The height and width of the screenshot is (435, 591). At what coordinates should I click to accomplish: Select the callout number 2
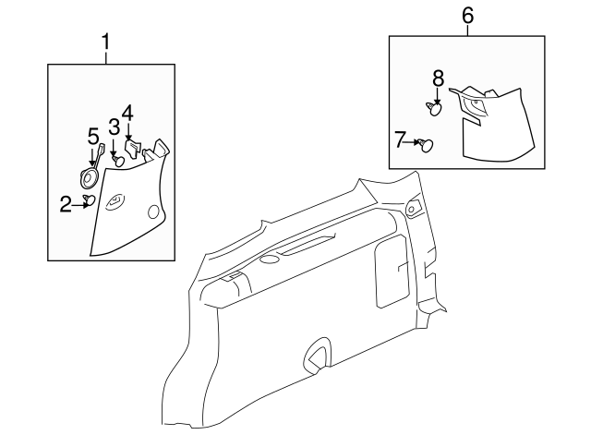click(x=66, y=205)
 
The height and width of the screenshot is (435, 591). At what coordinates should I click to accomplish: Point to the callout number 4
click(x=127, y=113)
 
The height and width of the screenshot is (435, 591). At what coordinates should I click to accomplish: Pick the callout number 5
click(x=93, y=136)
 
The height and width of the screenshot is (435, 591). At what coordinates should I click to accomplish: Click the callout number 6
click(x=467, y=16)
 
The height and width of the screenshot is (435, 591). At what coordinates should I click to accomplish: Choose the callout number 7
click(x=400, y=139)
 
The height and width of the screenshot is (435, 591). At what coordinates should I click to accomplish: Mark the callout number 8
click(x=439, y=79)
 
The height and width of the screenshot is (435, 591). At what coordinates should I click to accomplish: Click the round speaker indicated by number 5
click(x=89, y=178)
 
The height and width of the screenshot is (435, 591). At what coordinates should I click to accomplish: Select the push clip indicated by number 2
click(x=89, y=200)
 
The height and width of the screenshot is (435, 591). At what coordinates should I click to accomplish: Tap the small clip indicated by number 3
click(x=119, y=161)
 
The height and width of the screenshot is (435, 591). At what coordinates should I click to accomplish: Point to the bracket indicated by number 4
click(x=132, y=149)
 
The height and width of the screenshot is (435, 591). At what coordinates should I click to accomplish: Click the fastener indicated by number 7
click(x=427, y=145)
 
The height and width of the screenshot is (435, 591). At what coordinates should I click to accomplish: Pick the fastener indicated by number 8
click(x=434, y=109)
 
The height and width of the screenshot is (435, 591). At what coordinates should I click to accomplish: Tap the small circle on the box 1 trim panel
click(x=153, y=211)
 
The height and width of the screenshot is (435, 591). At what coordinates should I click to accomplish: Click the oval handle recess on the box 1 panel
click(x=115, y=201)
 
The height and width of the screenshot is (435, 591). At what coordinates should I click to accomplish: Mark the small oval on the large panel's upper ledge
click(x=269, y=259)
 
